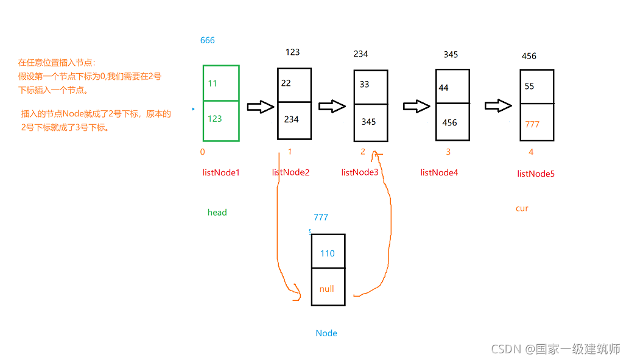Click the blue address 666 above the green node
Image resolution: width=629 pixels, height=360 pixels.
(208, 41)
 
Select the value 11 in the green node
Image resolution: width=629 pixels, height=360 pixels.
(213, 83)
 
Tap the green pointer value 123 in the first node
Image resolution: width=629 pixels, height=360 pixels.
(215, 119)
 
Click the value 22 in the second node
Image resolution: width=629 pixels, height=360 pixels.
(286, 83)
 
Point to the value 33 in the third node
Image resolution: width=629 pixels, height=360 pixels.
(364, 85)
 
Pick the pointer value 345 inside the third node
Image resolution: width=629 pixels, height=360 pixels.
(368, 122)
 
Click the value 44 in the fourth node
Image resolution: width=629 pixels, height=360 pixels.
(443, 88)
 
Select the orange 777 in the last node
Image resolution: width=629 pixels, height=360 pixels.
(532, 124)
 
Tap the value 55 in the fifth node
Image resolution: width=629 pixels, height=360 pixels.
(529, 86)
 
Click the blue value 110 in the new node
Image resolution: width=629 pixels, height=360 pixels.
(328, 253)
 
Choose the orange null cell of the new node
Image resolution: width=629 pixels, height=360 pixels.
(327, 289)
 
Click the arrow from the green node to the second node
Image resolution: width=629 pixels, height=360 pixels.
(260, 107)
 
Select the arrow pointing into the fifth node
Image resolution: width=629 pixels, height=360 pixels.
(498, 105)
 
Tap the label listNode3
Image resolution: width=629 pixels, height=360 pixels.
(360, 172)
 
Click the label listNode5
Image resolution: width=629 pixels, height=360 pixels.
(536, 174)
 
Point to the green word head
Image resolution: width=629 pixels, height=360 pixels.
(217, 213)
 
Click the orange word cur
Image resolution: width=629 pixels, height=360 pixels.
(522, 208)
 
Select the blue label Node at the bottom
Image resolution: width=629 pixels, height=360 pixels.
(326, 333)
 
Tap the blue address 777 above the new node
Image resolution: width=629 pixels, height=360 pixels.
(321, 217)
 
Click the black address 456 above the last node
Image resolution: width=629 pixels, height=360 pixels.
(529, 56)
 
